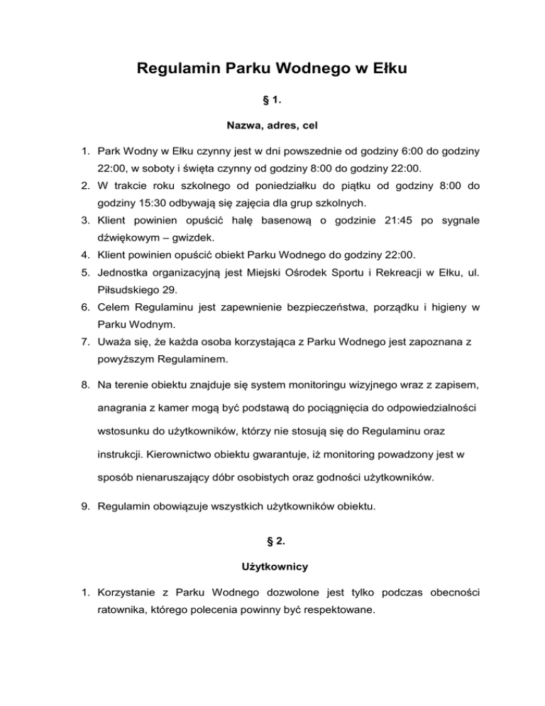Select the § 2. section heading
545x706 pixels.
tap(272, 545)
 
